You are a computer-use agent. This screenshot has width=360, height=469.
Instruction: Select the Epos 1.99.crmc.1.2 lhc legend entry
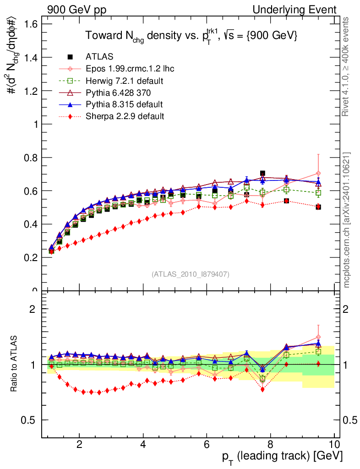[x=130, y=69]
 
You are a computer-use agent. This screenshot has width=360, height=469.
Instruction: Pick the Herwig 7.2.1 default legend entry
[x=125, y=81]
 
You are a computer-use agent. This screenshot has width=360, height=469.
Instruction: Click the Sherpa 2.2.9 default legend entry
[x=125, y=116]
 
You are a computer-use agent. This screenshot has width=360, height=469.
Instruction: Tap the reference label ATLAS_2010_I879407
[x=191, y=274]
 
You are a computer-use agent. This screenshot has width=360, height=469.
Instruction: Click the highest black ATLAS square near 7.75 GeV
[x=262, y=173]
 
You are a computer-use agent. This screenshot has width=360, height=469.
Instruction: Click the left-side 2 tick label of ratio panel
[x=32, y=309]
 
